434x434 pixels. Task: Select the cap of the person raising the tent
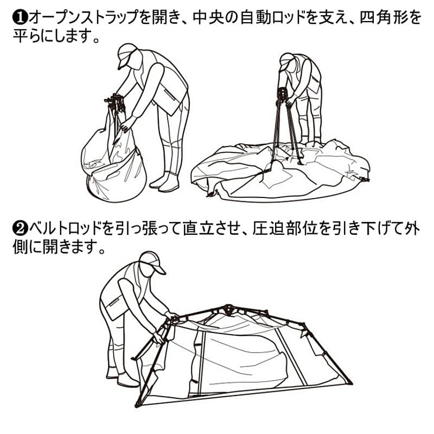(x=152, y=263)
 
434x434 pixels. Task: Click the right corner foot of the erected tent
(x=348, y=382)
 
